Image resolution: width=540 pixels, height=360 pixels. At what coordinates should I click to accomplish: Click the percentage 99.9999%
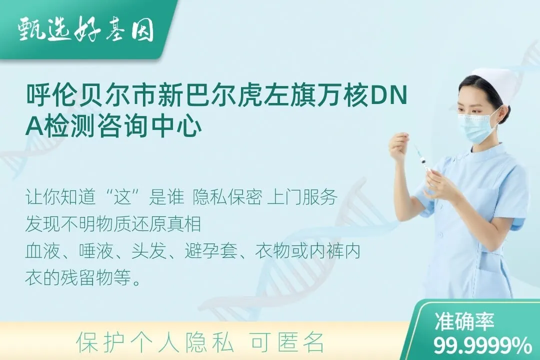[x=482, y=345]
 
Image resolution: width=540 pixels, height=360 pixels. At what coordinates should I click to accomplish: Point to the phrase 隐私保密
[x=227, y=197]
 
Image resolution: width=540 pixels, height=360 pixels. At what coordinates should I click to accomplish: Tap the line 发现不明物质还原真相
[x=113, y=224]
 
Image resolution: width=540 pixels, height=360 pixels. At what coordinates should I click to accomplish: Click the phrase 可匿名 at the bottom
[x=287, y=341]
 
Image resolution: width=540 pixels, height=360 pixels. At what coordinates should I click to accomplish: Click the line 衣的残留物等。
[x=83, y=277]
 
